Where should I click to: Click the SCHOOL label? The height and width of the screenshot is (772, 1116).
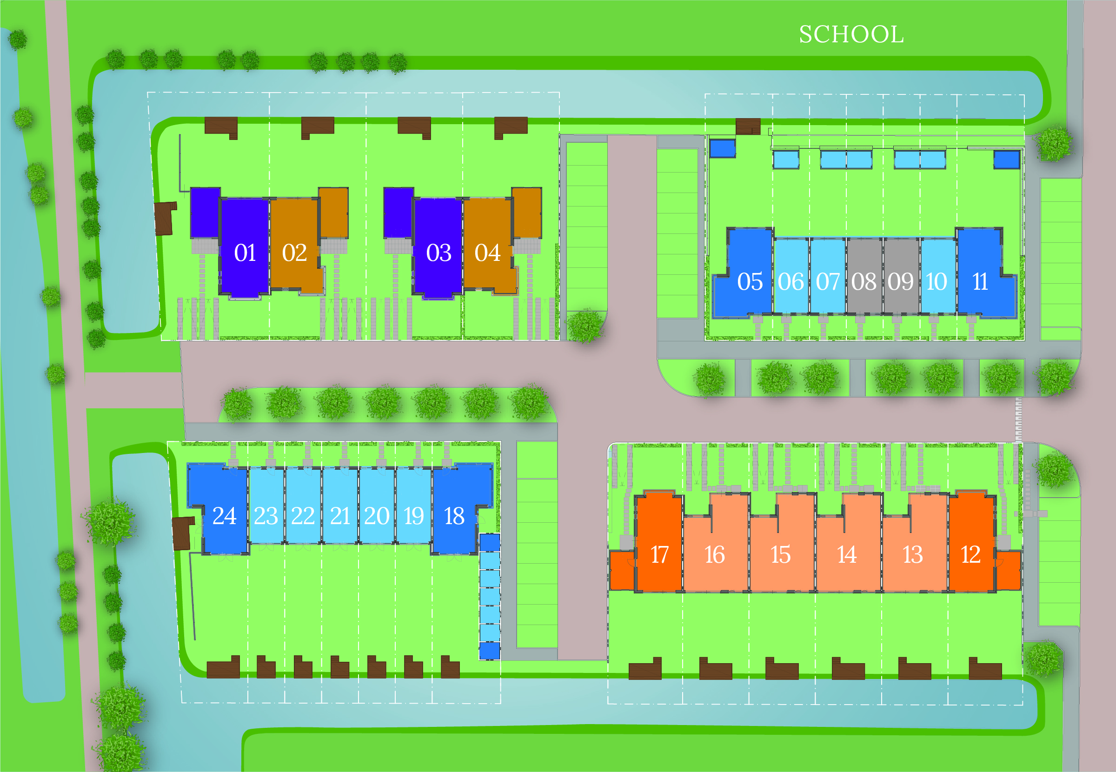click(x=851, y=34)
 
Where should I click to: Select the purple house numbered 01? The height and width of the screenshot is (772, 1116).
click(x=245, y=253)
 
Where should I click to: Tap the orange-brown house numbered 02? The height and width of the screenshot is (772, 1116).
click(x=294, y=253)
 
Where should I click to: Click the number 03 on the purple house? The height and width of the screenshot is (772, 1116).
click(x=438, y=253)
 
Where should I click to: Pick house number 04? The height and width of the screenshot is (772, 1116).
click(x=487, y=253)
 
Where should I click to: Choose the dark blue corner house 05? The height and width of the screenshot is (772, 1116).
click(x=750, y=281)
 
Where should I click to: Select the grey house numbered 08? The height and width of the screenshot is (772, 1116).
click(x=864, y=281)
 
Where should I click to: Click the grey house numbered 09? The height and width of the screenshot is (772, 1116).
click(x=900, y=281)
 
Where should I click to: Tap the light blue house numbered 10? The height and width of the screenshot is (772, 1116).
click(x=937, y=281)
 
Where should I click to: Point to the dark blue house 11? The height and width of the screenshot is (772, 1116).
click(x=980, y=281)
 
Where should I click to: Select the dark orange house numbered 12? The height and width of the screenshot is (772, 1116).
click(x=970, y=554)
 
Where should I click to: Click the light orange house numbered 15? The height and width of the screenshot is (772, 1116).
click(x=780, y=554)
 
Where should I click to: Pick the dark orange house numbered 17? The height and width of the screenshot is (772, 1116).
click(x=659, y=554)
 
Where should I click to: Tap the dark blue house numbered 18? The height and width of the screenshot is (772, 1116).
click(x=454, y=516)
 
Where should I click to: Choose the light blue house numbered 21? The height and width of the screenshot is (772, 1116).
click(x=340, y=516)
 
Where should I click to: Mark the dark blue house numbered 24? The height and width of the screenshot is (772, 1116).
click(x=224, y=516)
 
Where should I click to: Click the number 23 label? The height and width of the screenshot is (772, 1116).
click(x=266, y=516)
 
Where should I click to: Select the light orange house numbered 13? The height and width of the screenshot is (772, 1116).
click(x=912, y=554)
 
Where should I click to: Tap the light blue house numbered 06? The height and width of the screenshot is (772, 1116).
click(x=791, y=281)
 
